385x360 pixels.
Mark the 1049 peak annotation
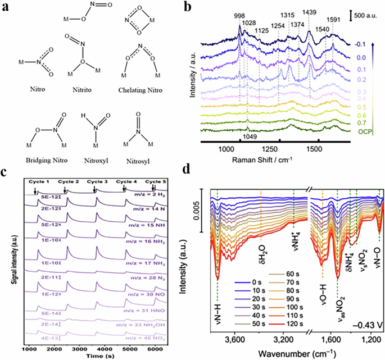pyautogui.click(x=251, y=136)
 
